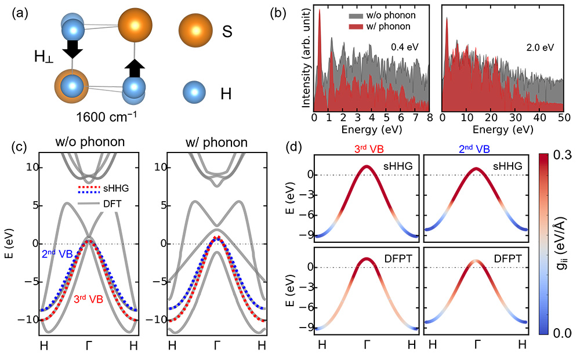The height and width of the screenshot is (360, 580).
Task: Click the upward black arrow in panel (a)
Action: coord(135,68)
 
